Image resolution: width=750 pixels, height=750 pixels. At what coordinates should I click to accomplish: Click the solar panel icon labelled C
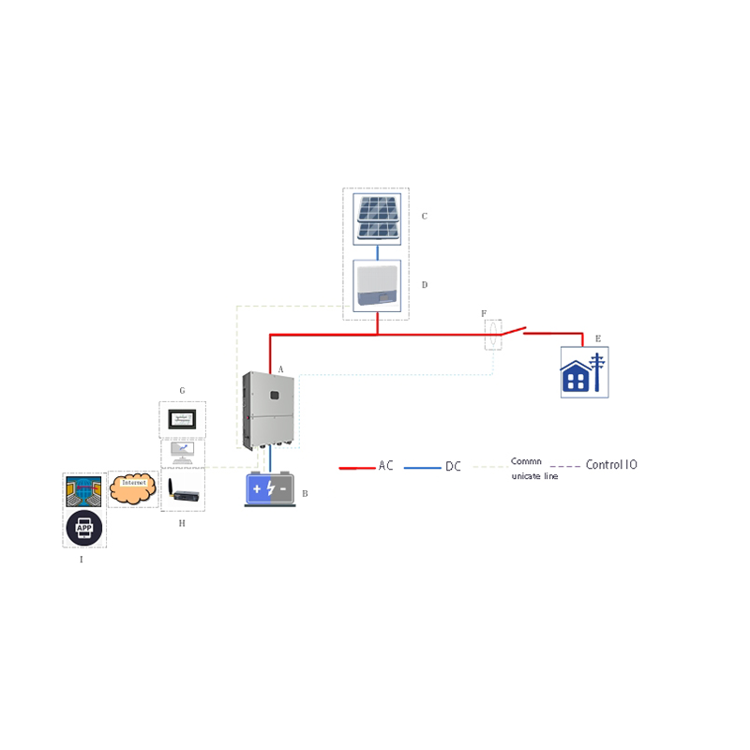[377, 218]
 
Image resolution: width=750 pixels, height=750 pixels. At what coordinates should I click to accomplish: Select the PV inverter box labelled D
[377, 286]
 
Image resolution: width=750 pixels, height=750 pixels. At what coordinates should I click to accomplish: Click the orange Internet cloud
[131, 488]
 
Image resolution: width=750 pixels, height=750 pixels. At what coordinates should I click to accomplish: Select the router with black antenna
[181, 492]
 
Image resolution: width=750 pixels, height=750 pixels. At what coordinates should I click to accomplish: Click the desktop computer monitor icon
[182, 452]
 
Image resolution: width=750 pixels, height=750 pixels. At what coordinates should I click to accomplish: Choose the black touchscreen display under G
[182, 419]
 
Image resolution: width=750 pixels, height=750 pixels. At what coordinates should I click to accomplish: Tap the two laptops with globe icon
[84, 492]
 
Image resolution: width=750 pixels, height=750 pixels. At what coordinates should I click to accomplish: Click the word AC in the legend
[386, 465]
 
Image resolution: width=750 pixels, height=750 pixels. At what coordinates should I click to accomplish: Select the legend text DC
[453, 466]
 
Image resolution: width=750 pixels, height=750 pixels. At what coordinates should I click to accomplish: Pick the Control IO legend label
[611, 464]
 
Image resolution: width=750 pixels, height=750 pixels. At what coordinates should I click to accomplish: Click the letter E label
[598, 338]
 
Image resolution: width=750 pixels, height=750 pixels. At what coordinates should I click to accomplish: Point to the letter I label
[82, 559]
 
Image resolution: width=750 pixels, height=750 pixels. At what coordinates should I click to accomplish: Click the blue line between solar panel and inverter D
[377, 252]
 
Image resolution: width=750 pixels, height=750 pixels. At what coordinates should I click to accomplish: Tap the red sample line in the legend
[356, 466]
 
